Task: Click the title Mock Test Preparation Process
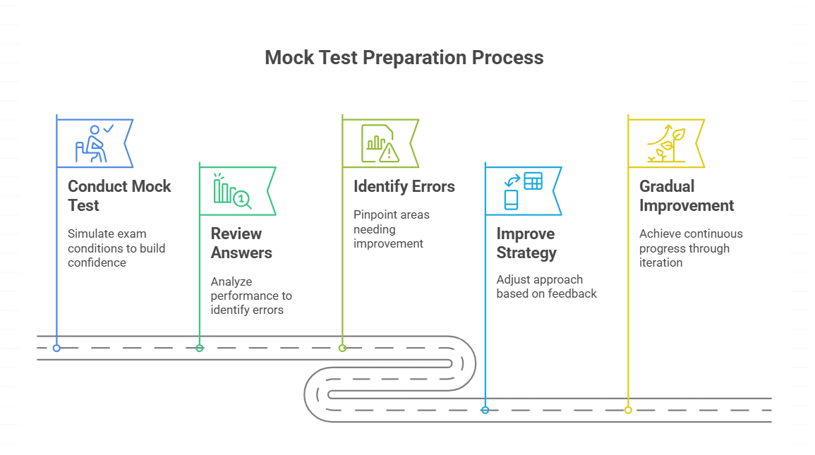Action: pos(404,58)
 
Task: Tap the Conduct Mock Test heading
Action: pos(119,196)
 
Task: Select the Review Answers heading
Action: pos(241,243)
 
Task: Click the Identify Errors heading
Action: pos(404,187)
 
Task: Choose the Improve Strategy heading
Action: pos(526,243)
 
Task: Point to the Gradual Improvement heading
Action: pos(686,196)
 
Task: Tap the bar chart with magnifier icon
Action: pos(231,191)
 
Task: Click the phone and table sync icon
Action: pos(522,190)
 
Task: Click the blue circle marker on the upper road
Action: pos(56,348)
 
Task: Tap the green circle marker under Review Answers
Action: pos(200,348)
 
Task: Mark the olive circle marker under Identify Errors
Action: pos(342,348)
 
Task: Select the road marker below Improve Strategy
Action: pos(485,410)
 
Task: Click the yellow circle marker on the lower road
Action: pos(628,410)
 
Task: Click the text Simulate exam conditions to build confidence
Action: pos(116,248)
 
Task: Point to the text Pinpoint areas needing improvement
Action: pos(391,229)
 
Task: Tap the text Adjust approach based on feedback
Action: pos(546,286)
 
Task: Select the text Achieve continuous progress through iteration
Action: pos(690,248)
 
